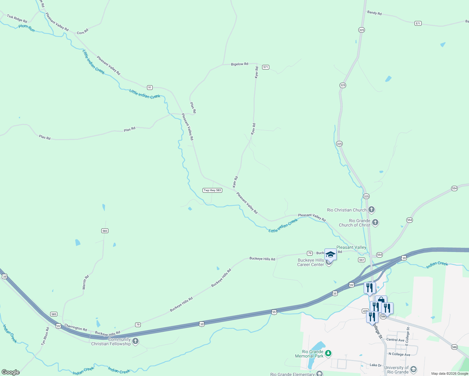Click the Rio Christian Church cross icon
coord(372,210)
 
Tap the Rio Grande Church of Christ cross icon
coord(375,223)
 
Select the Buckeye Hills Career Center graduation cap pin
coord(330,254)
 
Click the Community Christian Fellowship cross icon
coord(135,341)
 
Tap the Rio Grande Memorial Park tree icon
coord(328,354)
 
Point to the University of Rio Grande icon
coord(414,370)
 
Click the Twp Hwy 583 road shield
coord(213,190)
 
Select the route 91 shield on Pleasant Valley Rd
coord(150,87)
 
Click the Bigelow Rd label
coord(240,64)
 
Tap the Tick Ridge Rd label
coord(17,18)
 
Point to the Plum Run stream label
coord(27,28)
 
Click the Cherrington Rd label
coord(76,328)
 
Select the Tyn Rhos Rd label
coord(45,337)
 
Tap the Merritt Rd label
coord(86,282)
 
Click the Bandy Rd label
coord(374,13)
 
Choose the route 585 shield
coord(54,314)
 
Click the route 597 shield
coord(361,260)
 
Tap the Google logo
coord(11,372)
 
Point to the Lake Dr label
coord(376,365)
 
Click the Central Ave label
coord(395,340)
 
